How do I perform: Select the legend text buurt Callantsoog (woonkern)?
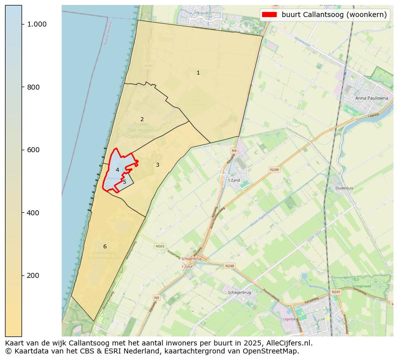(x=334, y=15)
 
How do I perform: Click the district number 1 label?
(x=198, y=73)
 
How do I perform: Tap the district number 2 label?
(x=142, y=119)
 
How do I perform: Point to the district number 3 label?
(x=157, y=165)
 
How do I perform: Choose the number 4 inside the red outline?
(x=117, y=170)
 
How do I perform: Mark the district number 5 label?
(x=124, y=182)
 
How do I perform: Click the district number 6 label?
(x=105, y=246)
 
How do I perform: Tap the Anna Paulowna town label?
(x=371, y=98)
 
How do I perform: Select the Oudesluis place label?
(x=344, y=189)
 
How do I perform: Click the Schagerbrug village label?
(x=240, y=292)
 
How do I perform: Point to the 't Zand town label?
(x=234, y=180)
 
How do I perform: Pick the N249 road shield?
(x=274, y=170)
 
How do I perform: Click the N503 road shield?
(x=160, y=246)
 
